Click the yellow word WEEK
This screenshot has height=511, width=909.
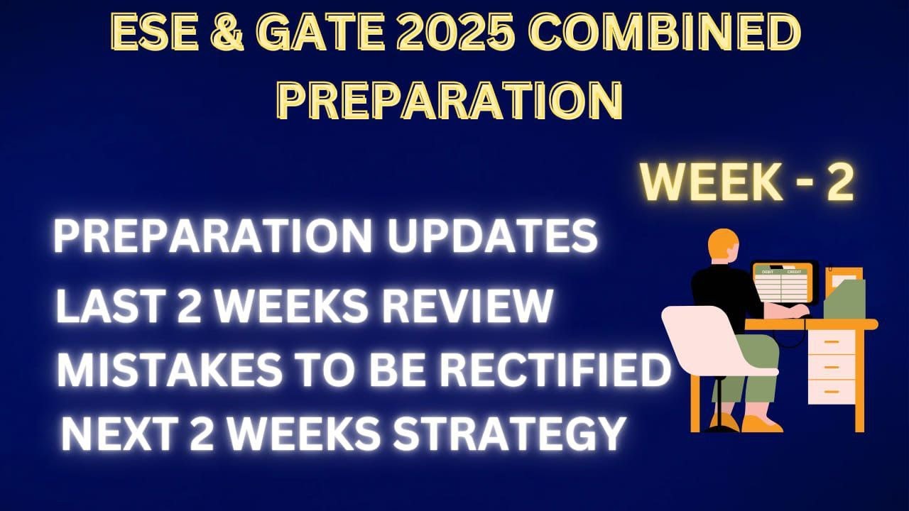tap(713, 184)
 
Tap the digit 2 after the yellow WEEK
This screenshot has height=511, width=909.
tap(837, 184)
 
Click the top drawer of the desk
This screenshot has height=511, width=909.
tap(831, 342)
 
